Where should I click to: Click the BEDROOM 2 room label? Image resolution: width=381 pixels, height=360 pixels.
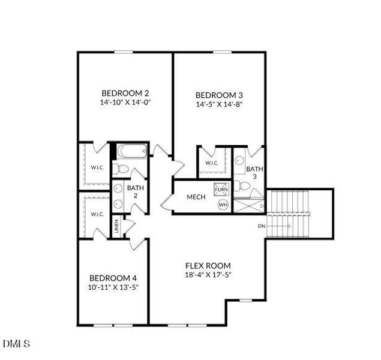click(125, 93)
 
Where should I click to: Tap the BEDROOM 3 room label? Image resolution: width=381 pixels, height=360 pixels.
click(219, 95)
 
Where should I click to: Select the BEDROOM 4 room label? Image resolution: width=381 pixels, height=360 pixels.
click(113, 278)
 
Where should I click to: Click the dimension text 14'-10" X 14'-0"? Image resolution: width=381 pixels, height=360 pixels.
click(125, 103)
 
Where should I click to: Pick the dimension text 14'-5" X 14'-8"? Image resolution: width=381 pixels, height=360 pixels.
click(219, 104)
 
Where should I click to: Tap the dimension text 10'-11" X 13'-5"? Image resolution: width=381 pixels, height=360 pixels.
click(113, 287)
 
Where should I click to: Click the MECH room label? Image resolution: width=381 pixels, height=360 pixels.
click(196, 197)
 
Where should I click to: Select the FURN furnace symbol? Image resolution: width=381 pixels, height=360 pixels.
click(221, 190)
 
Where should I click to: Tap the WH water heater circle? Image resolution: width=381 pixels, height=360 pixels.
click(223, 205)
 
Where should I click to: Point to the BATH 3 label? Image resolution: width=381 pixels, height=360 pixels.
click(254, 173)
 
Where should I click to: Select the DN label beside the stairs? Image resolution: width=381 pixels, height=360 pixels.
click(261, 226)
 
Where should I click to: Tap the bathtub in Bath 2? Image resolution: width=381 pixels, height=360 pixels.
click(130, 151)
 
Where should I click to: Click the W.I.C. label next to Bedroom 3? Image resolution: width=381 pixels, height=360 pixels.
click(212, 163)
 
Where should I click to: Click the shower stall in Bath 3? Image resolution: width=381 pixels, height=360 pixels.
click(248, 206)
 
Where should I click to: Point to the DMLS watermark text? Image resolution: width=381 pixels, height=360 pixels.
click(16, 344)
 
